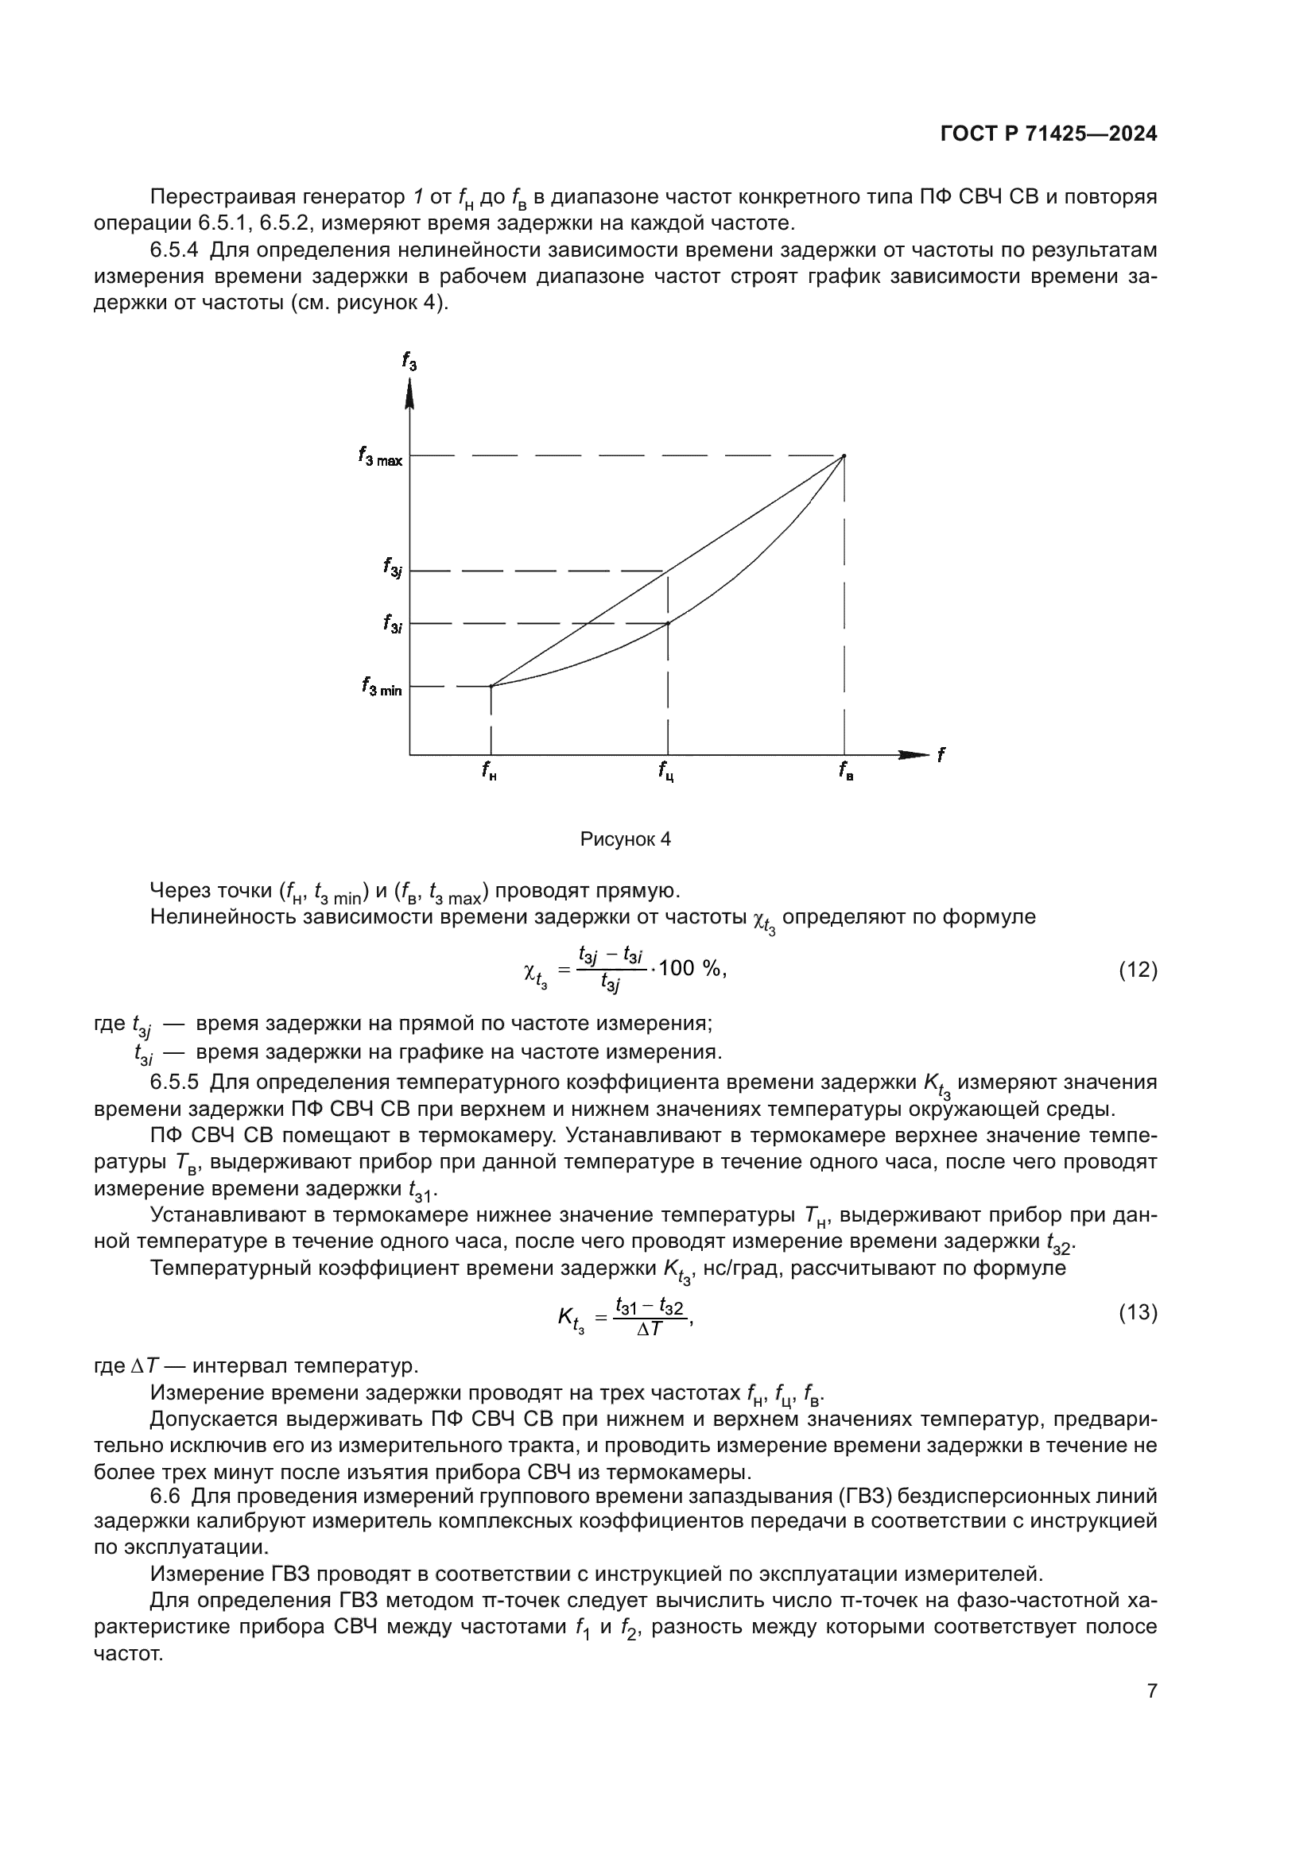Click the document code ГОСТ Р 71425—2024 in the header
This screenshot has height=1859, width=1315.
1049,134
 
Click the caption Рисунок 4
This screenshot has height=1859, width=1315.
625,839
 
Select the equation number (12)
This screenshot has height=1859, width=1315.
1138,970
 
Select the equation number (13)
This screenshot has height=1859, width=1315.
1138,1312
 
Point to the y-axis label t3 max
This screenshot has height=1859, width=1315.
380,458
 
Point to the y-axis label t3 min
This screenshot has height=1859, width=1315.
382,688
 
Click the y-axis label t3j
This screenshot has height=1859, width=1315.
394,567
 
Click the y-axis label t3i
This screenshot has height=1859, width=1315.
394,623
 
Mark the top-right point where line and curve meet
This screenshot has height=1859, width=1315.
844,457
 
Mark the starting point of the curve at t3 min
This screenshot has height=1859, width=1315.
491,687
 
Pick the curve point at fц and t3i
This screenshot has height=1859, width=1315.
667,622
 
